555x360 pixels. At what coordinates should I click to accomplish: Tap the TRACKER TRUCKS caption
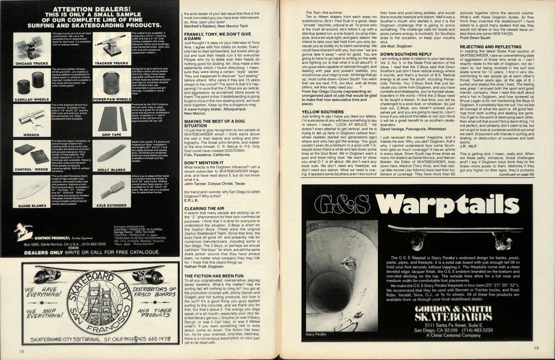tap(111, 63)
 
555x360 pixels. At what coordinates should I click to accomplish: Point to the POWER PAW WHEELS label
tap(111, 99)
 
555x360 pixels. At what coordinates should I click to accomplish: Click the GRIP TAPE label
tap(111, 135)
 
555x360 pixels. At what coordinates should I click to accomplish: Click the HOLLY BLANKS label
tap(111, 170)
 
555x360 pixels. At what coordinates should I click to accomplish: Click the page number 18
tap(21, 352)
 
